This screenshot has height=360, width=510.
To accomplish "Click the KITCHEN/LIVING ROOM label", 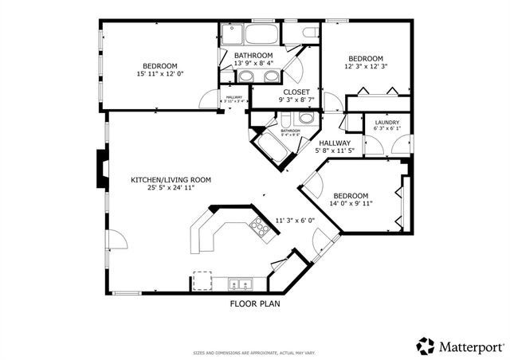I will (x=171, y=180).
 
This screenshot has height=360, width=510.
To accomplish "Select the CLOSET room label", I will (x=295, y=91).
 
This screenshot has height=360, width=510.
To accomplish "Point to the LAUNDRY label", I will (x=386, y=123).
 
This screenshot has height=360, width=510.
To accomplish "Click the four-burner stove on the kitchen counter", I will (x=261, y=225).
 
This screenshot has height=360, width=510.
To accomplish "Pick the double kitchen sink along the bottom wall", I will (x=239, y=284).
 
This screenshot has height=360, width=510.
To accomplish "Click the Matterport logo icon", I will (x=426, y=346).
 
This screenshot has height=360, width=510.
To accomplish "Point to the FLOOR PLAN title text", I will (x=255, y=303).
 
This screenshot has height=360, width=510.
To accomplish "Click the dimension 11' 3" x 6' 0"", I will (x=296, y=221).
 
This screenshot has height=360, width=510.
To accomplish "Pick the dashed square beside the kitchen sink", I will (x=202, y=280).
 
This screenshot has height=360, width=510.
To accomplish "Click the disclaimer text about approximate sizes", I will (x=255, y=352).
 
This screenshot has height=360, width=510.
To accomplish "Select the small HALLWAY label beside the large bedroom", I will (x=235, y=99).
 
